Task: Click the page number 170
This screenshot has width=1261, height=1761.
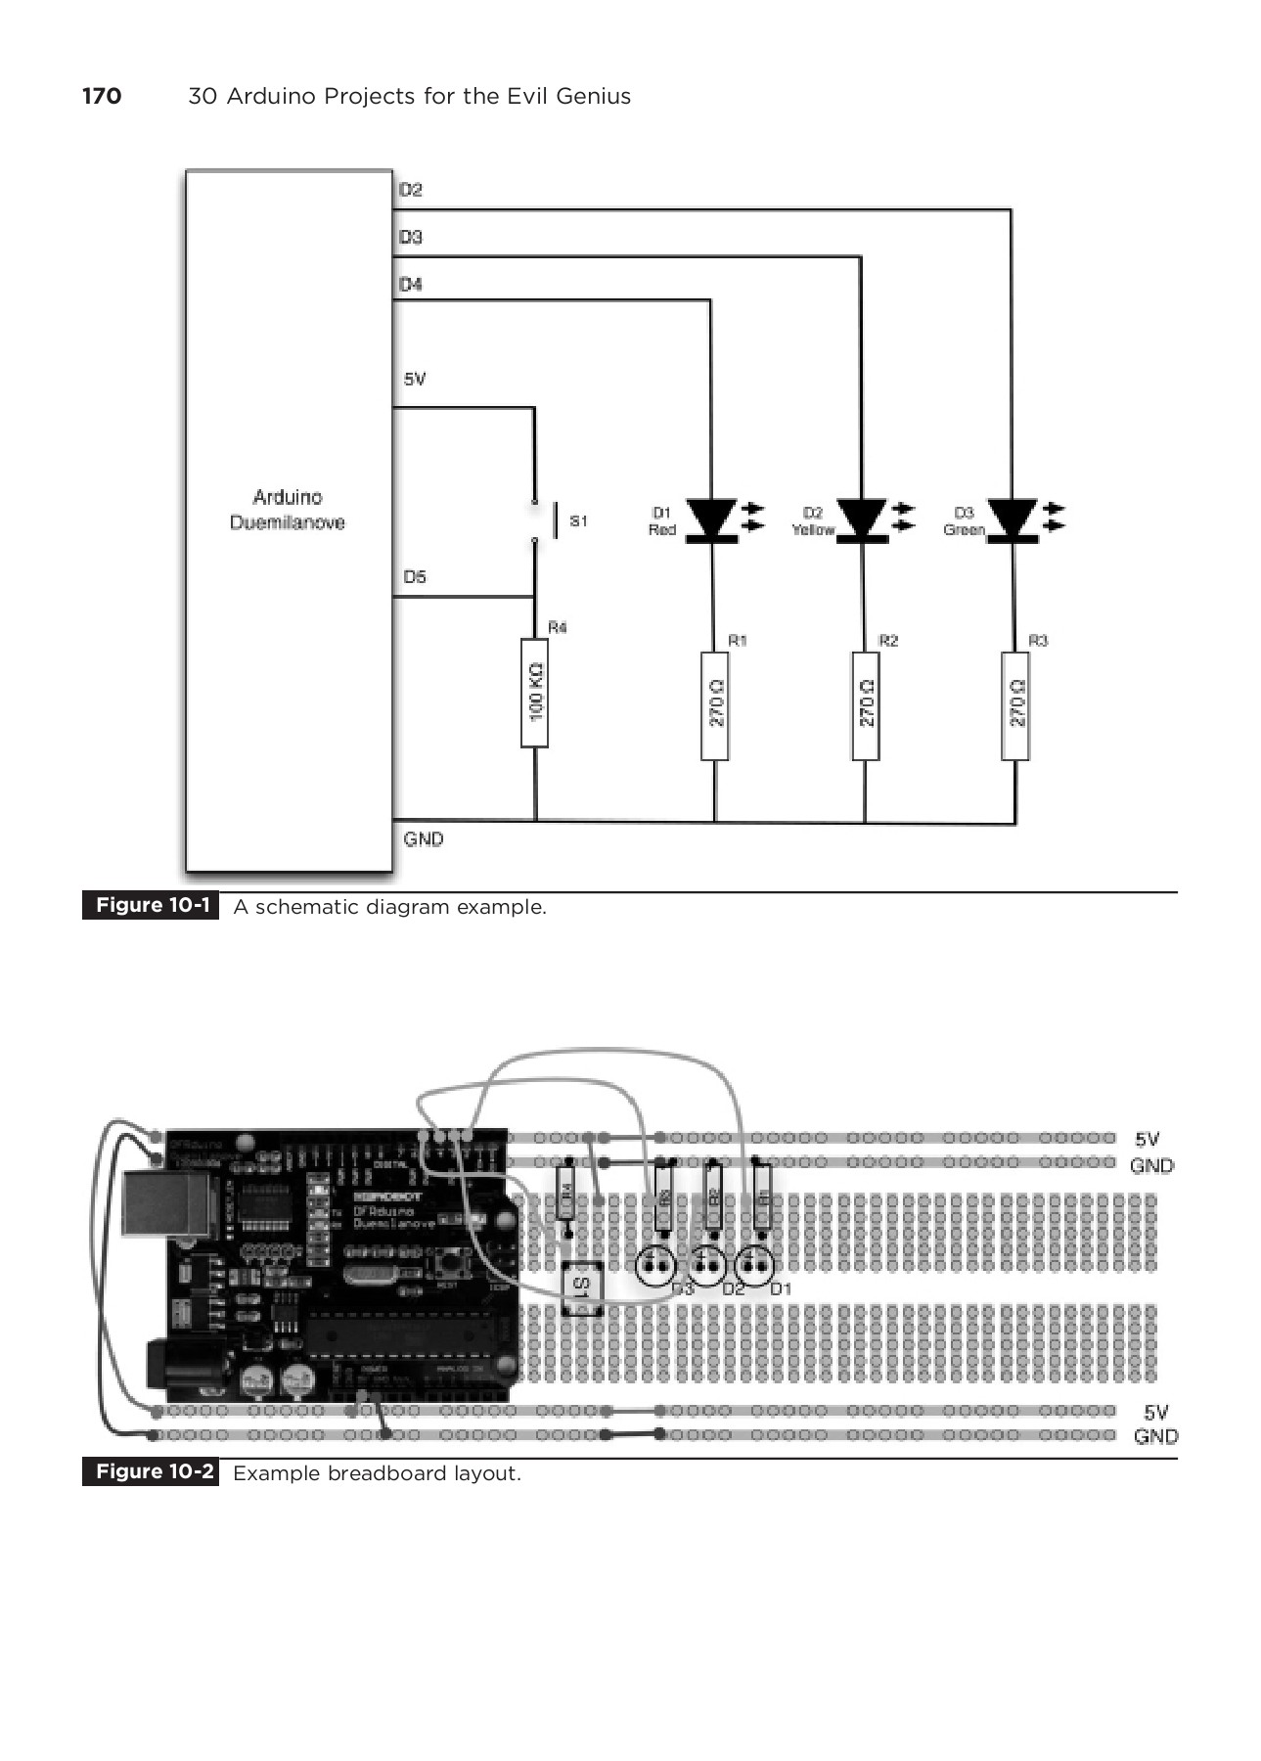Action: tap(102, 96)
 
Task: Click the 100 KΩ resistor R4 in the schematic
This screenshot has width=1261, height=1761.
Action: tap(534, 693)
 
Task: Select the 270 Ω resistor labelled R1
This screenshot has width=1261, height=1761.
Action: tap(715, 704)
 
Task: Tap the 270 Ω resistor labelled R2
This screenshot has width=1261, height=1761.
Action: tap(866, 704)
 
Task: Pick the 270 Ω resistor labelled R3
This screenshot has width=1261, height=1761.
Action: tap(1015, 704)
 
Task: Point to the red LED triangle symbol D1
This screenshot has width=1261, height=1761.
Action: tap(711, 519)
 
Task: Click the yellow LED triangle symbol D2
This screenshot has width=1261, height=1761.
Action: tap(862, 519)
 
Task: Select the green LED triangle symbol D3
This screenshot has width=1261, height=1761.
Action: tap(1013, 519)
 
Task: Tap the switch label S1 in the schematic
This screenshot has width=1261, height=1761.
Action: tap(578, 521)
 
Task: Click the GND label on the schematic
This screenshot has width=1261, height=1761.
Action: tap(424, 839)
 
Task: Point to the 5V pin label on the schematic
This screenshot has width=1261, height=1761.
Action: tap(415, 380)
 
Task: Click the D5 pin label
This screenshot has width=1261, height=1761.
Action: tap(415, 577)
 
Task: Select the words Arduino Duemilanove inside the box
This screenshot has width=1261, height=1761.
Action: tap(288, 510)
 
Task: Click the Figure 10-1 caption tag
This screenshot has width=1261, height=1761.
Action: tap(152, 906)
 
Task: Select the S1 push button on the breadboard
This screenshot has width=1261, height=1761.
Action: tap(581, 1286)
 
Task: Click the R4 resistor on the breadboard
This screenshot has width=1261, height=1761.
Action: tap(565, 1193)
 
